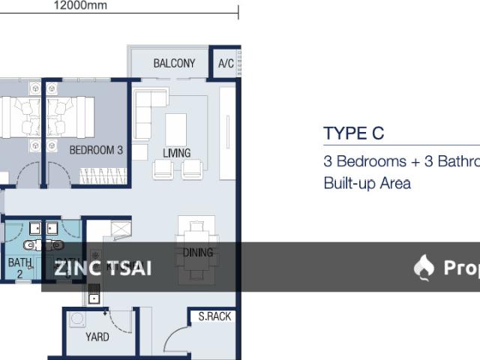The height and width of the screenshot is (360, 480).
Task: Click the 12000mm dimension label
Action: pos(80,5)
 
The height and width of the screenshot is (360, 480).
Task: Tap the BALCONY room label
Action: pos(174,64)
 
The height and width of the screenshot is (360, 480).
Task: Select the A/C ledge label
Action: pos(226,64)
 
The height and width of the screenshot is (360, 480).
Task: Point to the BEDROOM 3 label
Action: pos(96,150)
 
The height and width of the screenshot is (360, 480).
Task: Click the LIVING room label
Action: pos(177,153)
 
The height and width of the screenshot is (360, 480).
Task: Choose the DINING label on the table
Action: pos(198,253)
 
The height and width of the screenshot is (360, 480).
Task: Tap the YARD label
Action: pos(97,337)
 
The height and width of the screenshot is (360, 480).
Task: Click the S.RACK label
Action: pos(214,316)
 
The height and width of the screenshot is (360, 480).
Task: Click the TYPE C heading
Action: pos(354,134)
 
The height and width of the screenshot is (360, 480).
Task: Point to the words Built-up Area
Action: pos(367,183)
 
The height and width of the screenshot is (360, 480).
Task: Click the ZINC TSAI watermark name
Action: pos(103,268)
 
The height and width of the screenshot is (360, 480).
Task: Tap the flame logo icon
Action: pos(424,267)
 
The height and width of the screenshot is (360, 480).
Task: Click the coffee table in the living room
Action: pos(176,129)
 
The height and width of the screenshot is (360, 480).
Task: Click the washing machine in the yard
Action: pos(77,319)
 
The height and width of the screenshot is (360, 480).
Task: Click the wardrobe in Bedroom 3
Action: pos(103,177)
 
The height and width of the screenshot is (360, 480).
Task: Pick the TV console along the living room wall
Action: pos(227,133)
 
